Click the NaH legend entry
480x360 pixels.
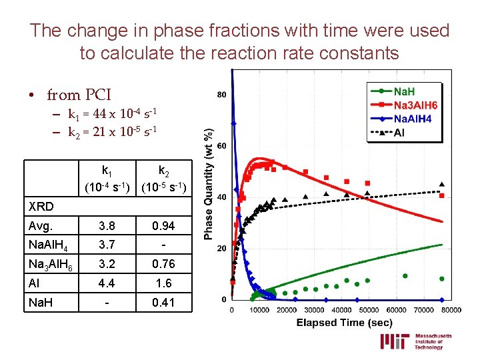pos(405,91)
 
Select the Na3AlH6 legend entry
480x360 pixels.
pos(415,105)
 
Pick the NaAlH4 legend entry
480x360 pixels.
pos(411,119)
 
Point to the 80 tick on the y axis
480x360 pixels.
pos(221,95)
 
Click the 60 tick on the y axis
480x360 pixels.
pos(221,146)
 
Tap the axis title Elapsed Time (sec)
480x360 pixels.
pos(343,323)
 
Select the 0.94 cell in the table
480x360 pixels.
pos(163,226)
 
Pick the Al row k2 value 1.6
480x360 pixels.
pos(163,283)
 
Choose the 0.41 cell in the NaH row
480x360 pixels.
pos(163,303)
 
